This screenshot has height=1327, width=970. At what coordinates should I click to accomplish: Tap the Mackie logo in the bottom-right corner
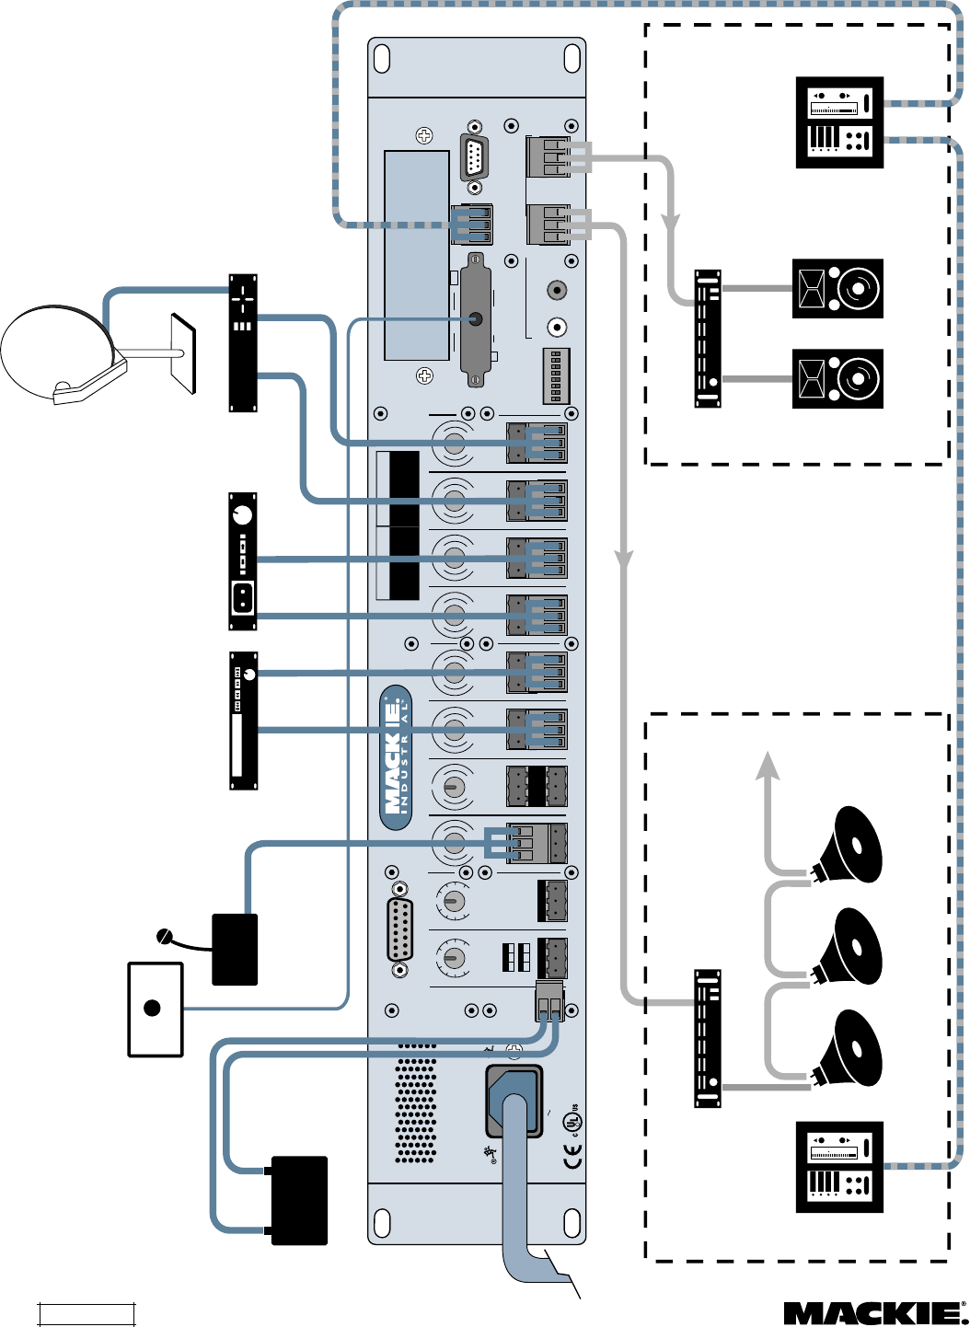click(870, 1313)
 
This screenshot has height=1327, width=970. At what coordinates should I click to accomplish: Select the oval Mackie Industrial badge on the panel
click(396, 757)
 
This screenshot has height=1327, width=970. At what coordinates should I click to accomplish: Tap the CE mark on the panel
click(572, 1159)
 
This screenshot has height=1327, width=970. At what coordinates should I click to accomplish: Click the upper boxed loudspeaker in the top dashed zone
click(837, 288)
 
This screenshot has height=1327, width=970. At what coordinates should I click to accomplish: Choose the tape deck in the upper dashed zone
click(839, 122)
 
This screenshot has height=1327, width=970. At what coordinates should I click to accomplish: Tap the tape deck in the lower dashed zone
click(839, 1166)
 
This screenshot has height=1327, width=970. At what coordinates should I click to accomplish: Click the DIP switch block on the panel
click(556, 375)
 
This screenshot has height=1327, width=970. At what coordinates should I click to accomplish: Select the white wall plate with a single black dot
click(155, 1009)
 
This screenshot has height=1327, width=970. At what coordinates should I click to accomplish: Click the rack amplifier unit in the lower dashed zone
click(708, 1038)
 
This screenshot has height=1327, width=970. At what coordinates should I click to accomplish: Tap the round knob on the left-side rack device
click(242, 514)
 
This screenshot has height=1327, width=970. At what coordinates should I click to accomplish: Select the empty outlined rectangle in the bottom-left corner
click(87, 1313)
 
